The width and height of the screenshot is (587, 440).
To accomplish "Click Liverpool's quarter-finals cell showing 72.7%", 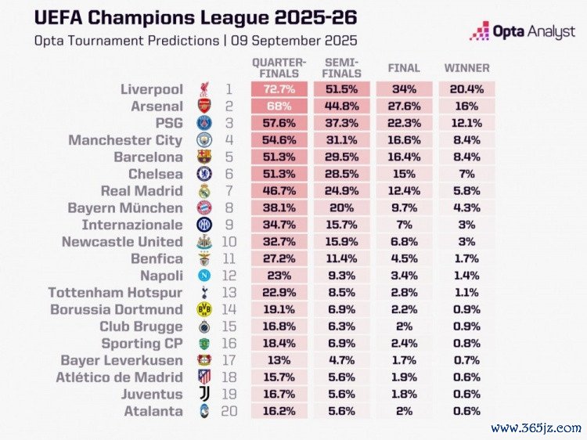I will [279, 89].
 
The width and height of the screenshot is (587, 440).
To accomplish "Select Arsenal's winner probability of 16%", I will [467, 106].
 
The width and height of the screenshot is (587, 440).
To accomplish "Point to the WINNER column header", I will [467, 68].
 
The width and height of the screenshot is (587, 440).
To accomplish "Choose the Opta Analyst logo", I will [522, 32].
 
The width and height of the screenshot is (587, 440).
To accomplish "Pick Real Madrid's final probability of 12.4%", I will [404, 191].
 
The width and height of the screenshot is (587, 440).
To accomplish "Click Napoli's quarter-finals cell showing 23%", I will [279, 276].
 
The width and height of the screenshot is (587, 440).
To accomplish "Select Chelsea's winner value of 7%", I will [467, 175].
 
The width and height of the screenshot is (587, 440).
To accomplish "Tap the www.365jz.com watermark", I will [536, 427].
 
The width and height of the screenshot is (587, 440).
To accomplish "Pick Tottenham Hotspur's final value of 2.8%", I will [404, 293].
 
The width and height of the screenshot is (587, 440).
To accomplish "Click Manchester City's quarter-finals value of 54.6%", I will [279, 140].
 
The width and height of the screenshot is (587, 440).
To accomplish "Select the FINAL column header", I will [404, 68].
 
